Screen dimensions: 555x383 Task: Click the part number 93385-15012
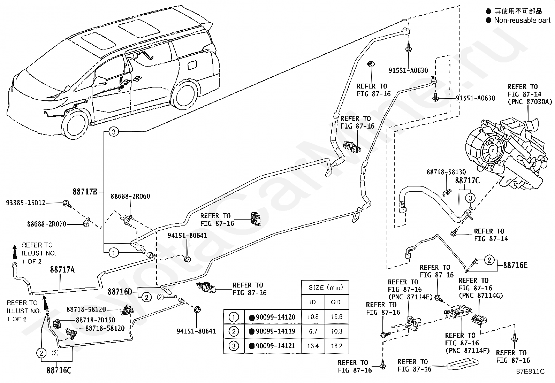(26, 203)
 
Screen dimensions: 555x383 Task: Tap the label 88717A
(62, 269)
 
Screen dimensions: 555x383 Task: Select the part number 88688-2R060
(130, 196)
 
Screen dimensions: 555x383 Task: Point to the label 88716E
(515, 265)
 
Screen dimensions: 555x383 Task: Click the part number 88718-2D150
(96, 320)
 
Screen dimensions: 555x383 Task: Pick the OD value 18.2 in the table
(337, 346)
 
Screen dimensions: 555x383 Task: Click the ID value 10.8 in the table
(313, 317)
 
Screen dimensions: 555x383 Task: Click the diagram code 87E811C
(531, 371)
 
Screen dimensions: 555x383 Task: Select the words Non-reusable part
(522, 20)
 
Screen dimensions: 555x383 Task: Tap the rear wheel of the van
(184, 95)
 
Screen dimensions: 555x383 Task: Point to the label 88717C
(467, 181)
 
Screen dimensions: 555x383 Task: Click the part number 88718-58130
(446, 172)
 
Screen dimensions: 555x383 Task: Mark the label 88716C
(59, 370)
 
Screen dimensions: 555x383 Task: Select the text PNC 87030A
(530, 101)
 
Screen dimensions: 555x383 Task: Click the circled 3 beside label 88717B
(114, 132)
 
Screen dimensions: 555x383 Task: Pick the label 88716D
(120, 292)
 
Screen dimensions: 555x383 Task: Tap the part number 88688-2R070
(47, 224)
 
